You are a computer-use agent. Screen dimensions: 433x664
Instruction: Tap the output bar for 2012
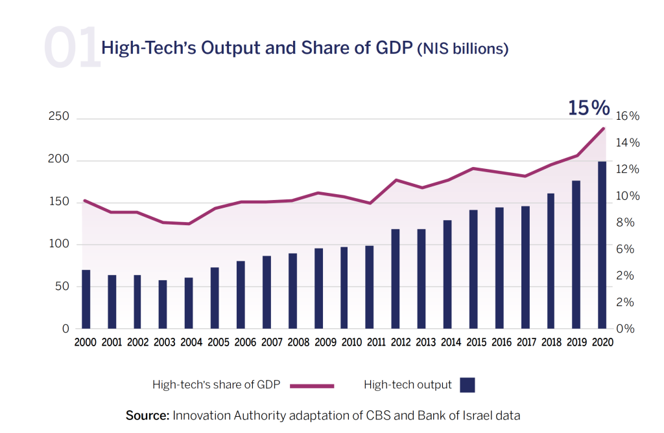point(395,278)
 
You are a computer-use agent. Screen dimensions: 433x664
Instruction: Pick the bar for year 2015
point(473,269)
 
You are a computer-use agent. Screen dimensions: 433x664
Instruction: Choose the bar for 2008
point(292,291)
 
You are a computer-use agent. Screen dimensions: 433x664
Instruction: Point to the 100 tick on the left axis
point(59,244)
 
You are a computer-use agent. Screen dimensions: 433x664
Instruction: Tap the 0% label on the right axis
point(626,329)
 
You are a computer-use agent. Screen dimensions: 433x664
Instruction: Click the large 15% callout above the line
point(589,108)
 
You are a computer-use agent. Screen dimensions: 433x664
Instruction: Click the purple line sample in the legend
point(312,386)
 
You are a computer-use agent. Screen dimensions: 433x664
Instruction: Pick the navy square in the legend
point(468,385)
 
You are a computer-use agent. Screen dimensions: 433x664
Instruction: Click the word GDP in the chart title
point(392,49)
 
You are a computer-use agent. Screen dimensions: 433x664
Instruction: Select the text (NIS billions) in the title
point(462,49)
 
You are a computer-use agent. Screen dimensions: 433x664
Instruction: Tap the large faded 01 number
point(72,48)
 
